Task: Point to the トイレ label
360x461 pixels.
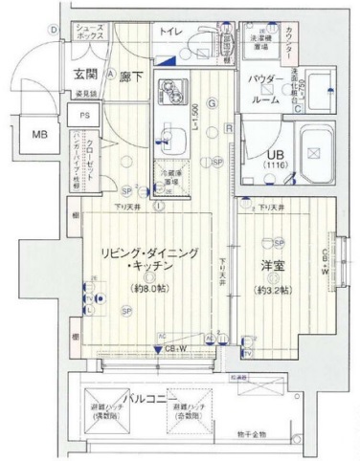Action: [x=171, y=33]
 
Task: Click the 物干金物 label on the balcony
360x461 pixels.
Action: [x=254, y=435]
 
